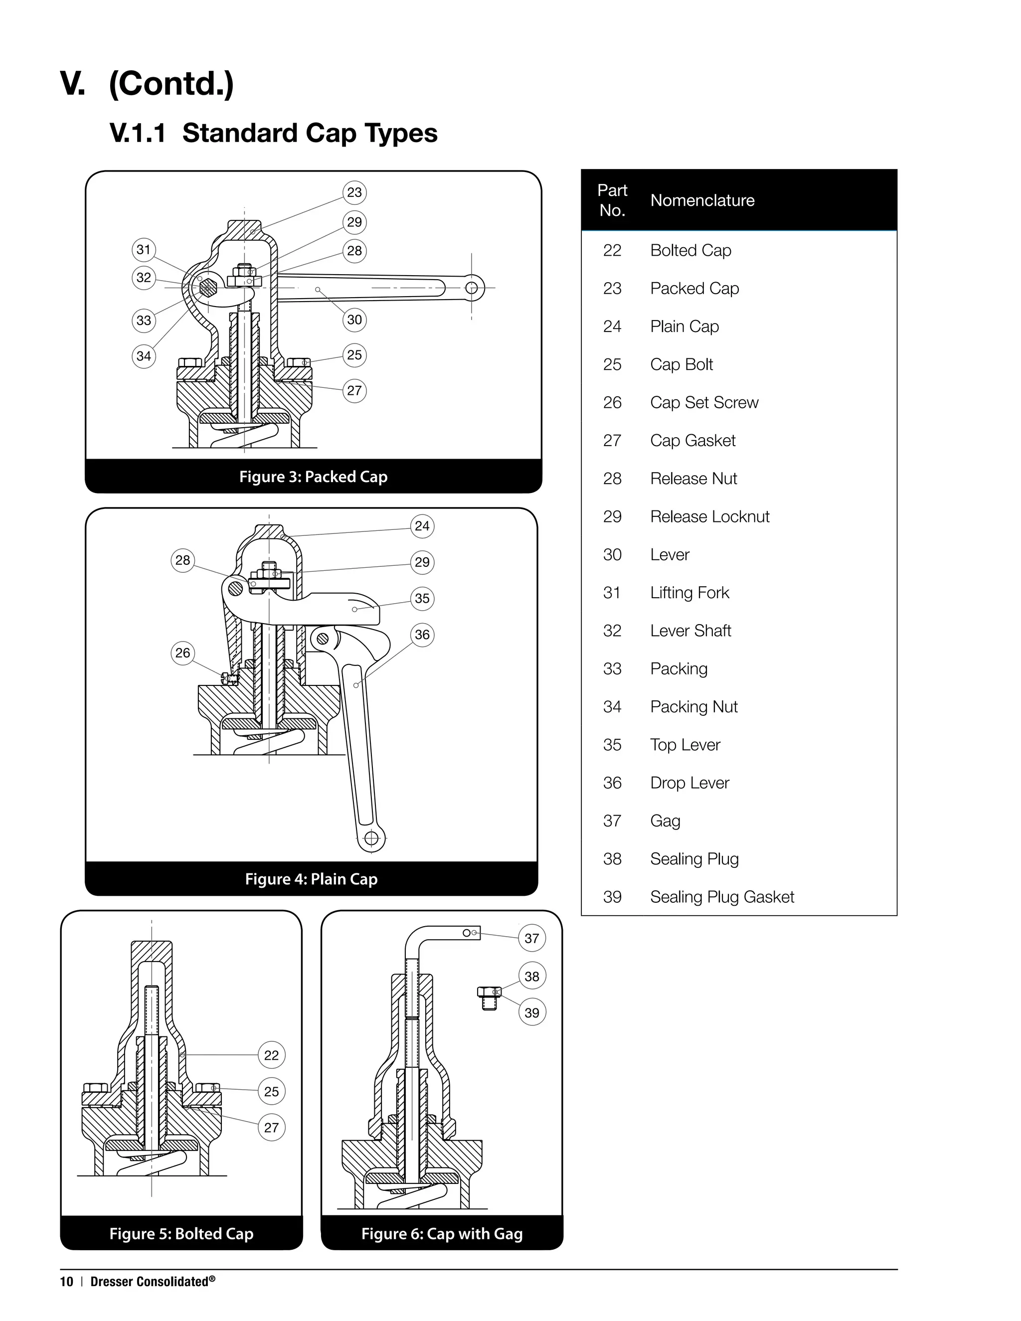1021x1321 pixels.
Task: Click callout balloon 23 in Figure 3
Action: click(354, 192)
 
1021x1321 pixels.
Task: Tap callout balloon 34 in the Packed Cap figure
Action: click(144, 355)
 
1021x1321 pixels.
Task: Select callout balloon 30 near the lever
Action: click(354, 320)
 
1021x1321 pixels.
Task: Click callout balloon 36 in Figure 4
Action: click(422, 635)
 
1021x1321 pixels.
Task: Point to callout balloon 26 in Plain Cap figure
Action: click(182, 653)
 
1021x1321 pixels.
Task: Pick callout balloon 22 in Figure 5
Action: click(272, 1055)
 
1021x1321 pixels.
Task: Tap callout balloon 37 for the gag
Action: click(531, 938)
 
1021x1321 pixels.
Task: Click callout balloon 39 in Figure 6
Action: click(531, 1012)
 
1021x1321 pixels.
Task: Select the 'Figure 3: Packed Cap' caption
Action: click(313, 477)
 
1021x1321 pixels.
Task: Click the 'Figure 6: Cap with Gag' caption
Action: click(442, 1233)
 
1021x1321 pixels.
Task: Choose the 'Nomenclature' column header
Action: click(702, 200)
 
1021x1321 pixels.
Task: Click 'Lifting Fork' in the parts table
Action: click(689, 593)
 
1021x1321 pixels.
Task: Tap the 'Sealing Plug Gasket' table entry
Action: click(721, 897)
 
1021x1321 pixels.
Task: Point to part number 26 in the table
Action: click(612, 403)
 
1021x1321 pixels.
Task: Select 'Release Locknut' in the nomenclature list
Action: click(709, 516)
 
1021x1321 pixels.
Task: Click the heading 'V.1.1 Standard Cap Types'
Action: click(273, 133)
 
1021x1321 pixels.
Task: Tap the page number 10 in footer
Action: click(66, 1282)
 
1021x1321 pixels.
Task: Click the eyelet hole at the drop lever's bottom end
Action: click(372, 838)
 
